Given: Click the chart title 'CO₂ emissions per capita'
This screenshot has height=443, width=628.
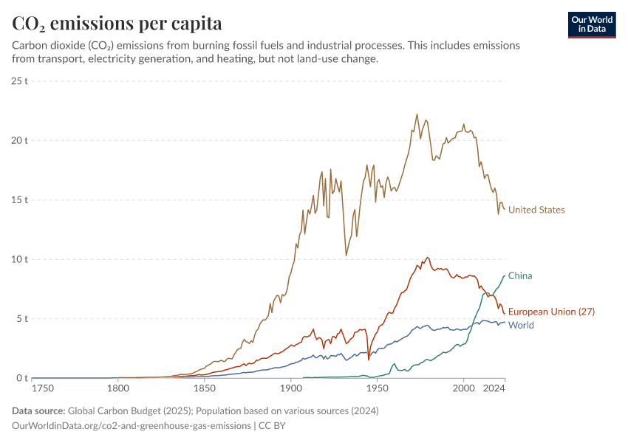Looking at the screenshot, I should [117, 23].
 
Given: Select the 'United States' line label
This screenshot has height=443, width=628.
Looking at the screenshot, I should [536, 210].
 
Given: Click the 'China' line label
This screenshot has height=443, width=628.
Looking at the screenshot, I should [520, 275].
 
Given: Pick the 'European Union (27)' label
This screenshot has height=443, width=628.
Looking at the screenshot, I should [552, 312].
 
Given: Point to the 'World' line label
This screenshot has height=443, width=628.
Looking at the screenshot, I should [521, 325].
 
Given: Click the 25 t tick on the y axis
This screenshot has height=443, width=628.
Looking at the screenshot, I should [19, 80].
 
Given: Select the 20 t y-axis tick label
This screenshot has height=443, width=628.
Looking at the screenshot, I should [19, 140].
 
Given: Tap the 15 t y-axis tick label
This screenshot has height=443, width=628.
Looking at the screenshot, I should [19, 199].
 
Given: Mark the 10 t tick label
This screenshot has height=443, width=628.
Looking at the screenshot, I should [19, 259].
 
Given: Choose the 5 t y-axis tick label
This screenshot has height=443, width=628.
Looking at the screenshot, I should [21, 319].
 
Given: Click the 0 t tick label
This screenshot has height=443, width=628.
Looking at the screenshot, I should [21, 378].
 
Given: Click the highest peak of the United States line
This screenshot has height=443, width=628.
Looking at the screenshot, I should [417, 114].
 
